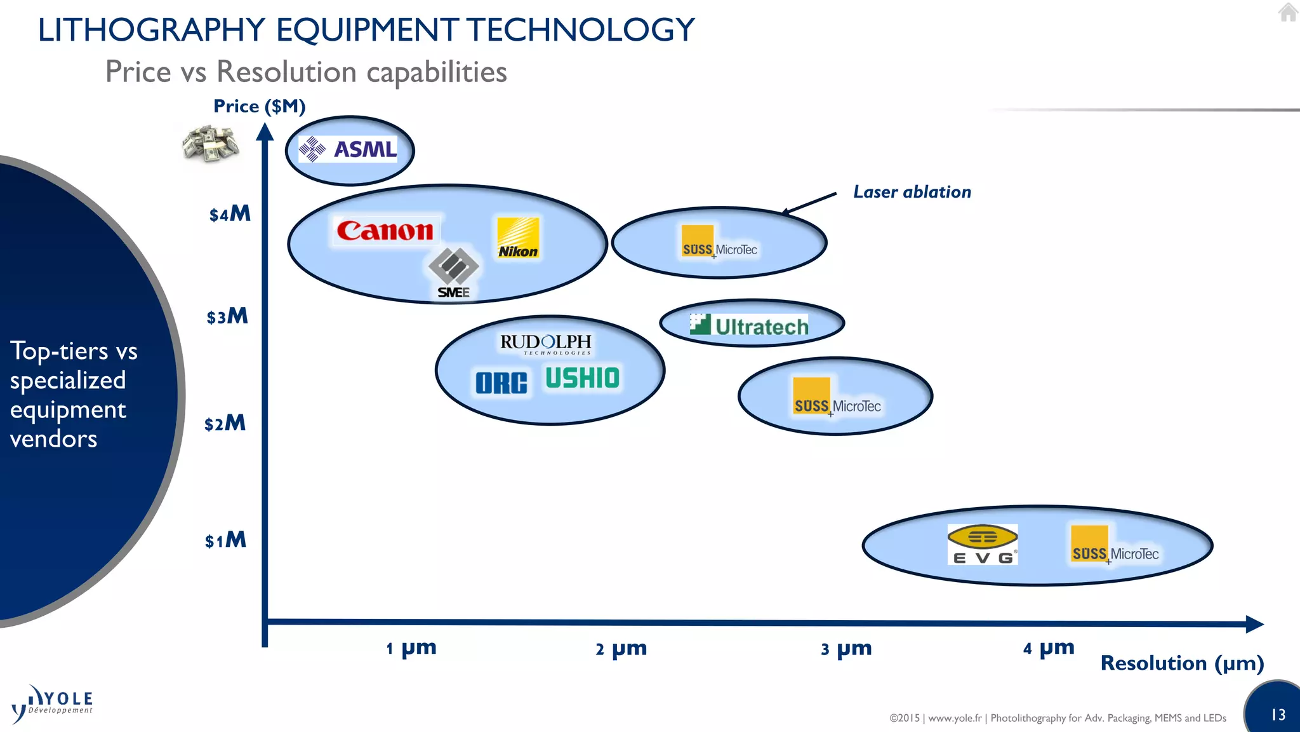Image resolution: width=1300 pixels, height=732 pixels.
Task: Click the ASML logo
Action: pos(348,149)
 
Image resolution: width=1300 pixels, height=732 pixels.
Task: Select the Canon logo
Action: pos(385,230)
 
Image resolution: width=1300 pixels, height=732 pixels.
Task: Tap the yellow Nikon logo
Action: pos(518,238)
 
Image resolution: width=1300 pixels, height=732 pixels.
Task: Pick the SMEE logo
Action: pos(453,273)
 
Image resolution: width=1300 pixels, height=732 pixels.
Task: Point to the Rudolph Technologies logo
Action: pos(546,344)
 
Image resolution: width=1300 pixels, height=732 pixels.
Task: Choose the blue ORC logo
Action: pos(501,383)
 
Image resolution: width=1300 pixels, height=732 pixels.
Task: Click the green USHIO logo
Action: pos(582,378)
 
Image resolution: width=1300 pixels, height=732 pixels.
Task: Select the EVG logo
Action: pos(983,544)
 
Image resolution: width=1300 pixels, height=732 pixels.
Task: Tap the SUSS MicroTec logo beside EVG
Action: pos(1115,545)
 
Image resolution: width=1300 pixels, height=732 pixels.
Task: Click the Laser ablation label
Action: pos(912,192)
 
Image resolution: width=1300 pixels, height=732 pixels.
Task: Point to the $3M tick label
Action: pos(227,316)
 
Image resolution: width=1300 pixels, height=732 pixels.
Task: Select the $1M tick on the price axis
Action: pos(225,540)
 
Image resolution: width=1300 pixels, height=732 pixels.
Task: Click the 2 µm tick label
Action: pos(621,648)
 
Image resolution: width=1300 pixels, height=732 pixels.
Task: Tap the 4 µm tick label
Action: pos(1049,647)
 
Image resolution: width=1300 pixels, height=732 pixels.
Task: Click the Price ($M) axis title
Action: pos(259,106)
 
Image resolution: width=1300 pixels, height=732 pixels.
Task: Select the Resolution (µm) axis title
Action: pos(1182,663)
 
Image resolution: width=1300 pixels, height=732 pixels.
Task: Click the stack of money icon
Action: pos(210,143)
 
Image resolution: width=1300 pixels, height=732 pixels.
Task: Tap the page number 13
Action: pos(1278,715)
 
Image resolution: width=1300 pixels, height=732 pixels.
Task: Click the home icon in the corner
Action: pos(1288,12)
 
